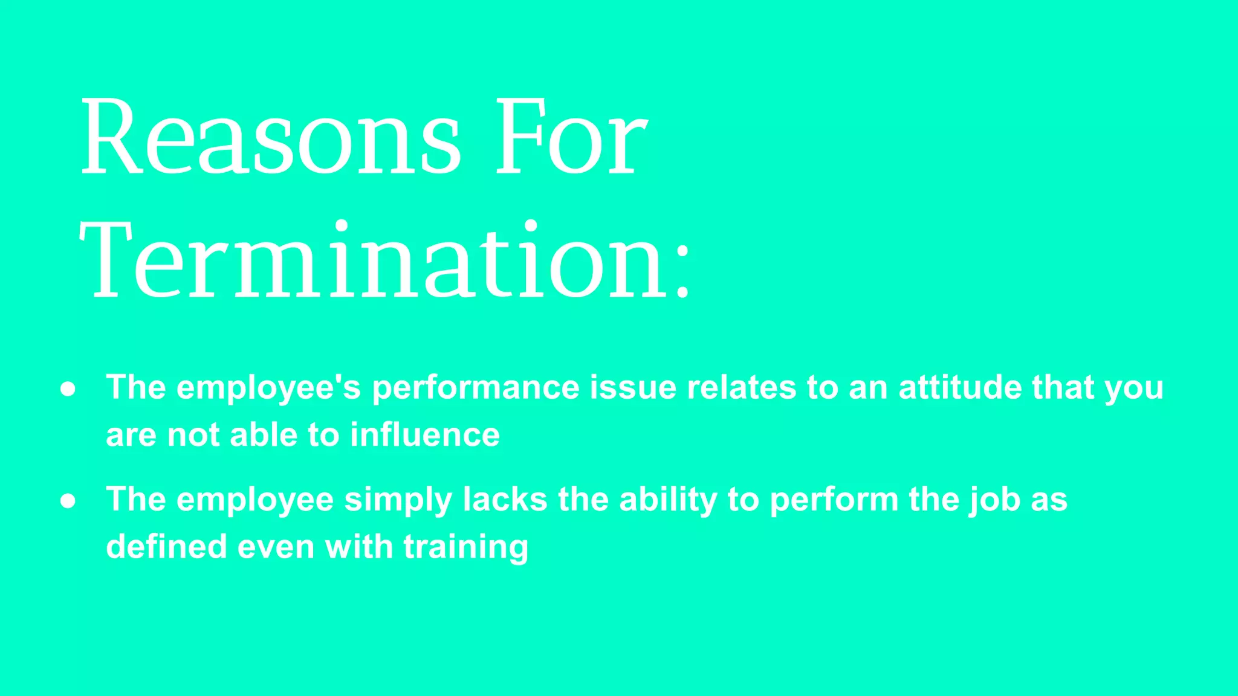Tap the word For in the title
(571, 138)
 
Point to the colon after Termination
(682, 272)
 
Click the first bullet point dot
(68, 389)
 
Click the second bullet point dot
(68, 501)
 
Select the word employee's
(268, 388)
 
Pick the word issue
(633, 387)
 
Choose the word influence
(425, 435)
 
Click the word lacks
(505, 500)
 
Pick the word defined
(166, 547)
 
